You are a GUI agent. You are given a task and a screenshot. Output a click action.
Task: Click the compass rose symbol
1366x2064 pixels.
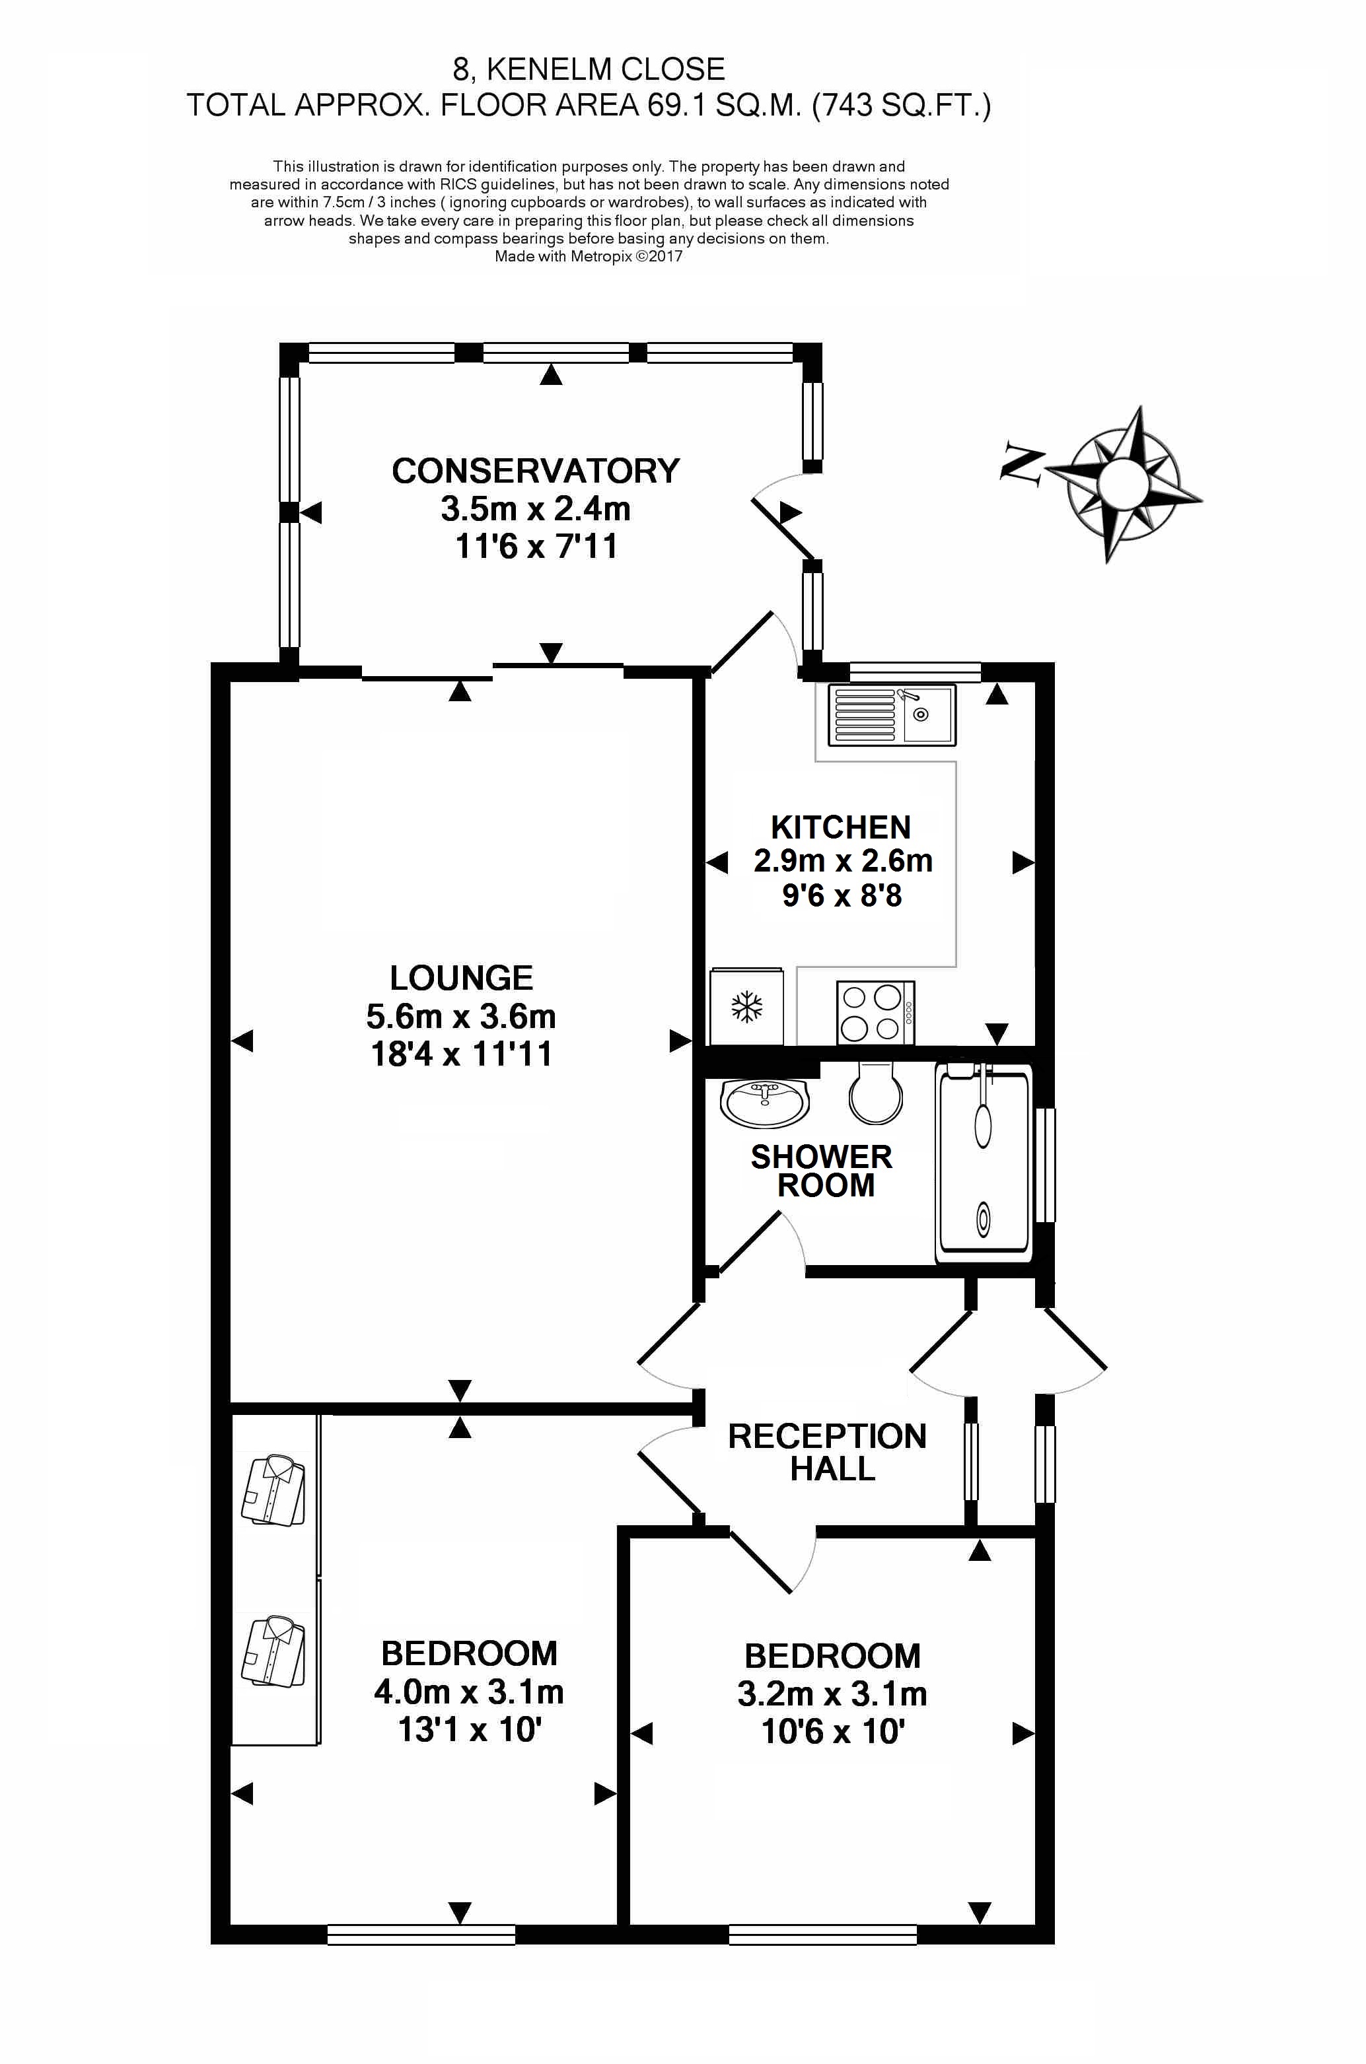pos(1124,483)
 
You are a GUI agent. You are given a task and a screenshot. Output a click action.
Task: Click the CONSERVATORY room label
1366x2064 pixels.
pos(536,471)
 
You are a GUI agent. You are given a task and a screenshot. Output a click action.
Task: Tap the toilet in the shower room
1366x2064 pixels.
pos(875,1092)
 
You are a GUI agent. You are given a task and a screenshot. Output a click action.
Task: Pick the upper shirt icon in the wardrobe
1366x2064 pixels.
pos(273,1488)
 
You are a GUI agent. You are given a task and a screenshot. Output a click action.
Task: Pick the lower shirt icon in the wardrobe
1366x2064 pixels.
pos(273,1652)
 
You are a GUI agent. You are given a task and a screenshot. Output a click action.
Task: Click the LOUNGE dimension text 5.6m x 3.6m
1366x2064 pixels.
pos(461,1016)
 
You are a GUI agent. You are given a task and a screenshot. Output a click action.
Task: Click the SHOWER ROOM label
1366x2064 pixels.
pos(822,1171)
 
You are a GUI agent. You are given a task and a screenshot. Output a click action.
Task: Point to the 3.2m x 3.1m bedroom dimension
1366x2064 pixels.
pos(832,1694)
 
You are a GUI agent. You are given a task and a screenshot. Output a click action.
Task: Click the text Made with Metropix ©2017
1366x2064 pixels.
pos(589,256)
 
